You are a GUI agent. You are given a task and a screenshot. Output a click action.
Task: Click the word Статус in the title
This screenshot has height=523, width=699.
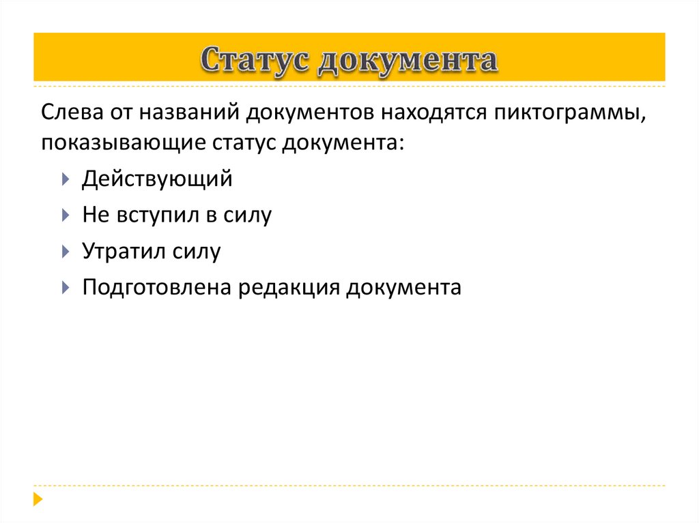(x=255, y=60)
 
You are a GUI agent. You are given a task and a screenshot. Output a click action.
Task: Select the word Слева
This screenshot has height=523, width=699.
(x=70, y=111)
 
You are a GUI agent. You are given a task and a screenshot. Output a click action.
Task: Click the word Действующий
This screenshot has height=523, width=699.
(x=157, y=180)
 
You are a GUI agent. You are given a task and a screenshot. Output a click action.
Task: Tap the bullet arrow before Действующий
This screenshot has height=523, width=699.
(x=64, y=180)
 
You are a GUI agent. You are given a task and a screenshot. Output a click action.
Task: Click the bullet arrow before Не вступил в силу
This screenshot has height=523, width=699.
(x=64, y=215)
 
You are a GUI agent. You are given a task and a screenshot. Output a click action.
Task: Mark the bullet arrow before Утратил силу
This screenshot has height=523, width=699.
(x=64, y=251)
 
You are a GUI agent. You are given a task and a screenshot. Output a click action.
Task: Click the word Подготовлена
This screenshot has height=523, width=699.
(x=157, y=287)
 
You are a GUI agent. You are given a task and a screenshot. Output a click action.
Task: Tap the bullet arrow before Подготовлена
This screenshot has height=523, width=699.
(x=64, y=287)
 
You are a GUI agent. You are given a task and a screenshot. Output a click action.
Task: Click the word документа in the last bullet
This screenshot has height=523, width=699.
(x=403, y=287)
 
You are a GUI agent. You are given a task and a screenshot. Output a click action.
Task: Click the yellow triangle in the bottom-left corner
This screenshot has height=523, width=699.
(x=38, y=498)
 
